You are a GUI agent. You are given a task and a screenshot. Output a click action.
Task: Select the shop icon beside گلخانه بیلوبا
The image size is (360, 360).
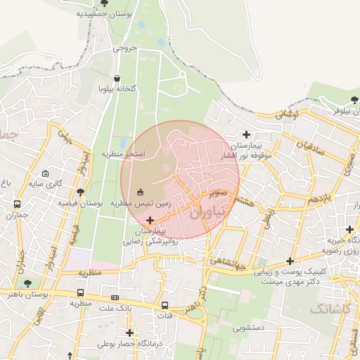pos(116,78)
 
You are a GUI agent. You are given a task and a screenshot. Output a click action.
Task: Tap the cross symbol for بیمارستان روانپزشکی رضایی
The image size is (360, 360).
pos(149,221)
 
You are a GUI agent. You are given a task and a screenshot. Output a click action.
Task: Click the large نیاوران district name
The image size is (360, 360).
pos(210,208)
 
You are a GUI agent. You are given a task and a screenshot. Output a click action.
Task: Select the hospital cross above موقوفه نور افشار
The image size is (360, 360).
pos(245,134)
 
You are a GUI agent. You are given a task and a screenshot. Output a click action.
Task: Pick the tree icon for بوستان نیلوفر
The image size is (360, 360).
pos(354,100)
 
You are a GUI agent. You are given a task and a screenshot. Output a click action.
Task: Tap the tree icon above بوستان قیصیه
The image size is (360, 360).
pos(82,191)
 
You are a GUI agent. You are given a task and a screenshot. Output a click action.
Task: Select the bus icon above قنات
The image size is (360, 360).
pos(165,305)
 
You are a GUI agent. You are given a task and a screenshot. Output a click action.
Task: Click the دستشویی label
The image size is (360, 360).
pos(243,326)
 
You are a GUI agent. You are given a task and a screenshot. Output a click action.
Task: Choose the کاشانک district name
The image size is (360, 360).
pos(333,308)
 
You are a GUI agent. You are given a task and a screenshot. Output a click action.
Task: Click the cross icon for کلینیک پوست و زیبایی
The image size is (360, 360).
pos(290,262)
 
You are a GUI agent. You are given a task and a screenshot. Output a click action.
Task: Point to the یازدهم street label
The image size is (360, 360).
pos(302,200)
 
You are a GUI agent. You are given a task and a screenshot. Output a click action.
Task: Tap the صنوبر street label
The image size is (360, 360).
pos(217,190)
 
